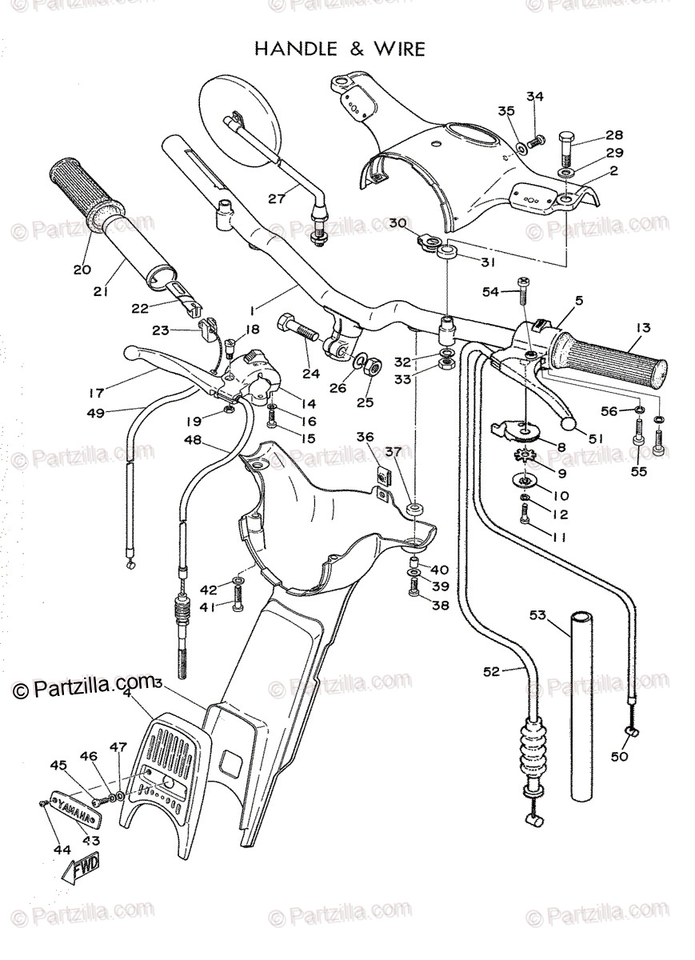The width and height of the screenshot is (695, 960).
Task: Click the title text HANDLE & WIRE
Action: [x=339, y=50]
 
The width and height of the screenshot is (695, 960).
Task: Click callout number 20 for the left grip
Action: [x=82, y=270]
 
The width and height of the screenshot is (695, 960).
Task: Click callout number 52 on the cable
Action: [x=491, y=671]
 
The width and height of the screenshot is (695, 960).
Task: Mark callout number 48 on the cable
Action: [x=192, y=439]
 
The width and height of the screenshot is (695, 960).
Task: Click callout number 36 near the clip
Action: [x=365, y=437]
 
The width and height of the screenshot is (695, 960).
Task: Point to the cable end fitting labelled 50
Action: [x=633, y=731]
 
